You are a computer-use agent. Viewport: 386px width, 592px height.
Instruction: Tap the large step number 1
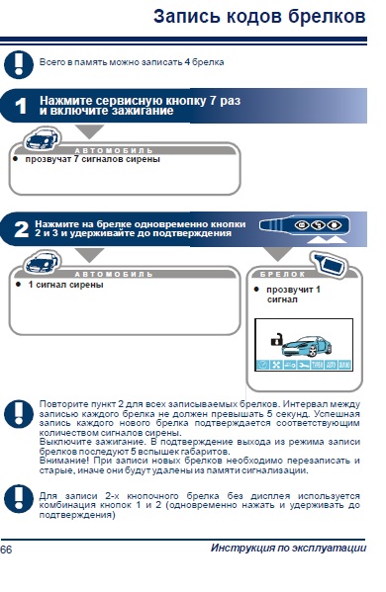coord(21,106)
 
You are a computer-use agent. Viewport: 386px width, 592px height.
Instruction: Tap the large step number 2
coord(21,229)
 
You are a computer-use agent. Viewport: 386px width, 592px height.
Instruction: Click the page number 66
coord(6,550)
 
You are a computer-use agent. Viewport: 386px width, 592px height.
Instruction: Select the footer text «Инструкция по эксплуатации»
coord(288,548)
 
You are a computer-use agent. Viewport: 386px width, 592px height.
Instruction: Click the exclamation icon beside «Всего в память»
coord(19,64)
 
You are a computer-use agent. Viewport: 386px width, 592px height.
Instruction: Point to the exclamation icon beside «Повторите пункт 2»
coord(19,414)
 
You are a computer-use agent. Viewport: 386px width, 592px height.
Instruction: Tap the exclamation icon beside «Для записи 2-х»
coord(19,499)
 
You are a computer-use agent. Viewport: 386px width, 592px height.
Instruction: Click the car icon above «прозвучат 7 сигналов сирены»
coord(42,139)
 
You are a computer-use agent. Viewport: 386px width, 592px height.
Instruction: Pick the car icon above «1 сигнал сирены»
coord(42,263)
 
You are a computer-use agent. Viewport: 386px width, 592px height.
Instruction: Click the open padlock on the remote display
coord(276,340)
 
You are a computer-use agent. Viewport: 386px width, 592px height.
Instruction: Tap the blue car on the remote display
coord(307,346)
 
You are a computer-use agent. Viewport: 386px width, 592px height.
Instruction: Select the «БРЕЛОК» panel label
coord(283,275)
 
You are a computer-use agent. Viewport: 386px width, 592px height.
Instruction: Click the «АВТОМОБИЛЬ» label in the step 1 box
coord(114,150)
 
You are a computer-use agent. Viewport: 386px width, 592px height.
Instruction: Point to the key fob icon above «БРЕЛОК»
coord(331,264)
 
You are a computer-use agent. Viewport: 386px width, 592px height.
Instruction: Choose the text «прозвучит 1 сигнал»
coord(293,295)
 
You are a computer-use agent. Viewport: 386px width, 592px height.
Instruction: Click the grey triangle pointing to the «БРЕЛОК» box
coord(278,254)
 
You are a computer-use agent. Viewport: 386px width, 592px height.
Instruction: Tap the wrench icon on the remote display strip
coord(303,365)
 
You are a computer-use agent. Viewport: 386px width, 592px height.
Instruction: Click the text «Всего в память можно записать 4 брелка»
coord(132,62)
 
